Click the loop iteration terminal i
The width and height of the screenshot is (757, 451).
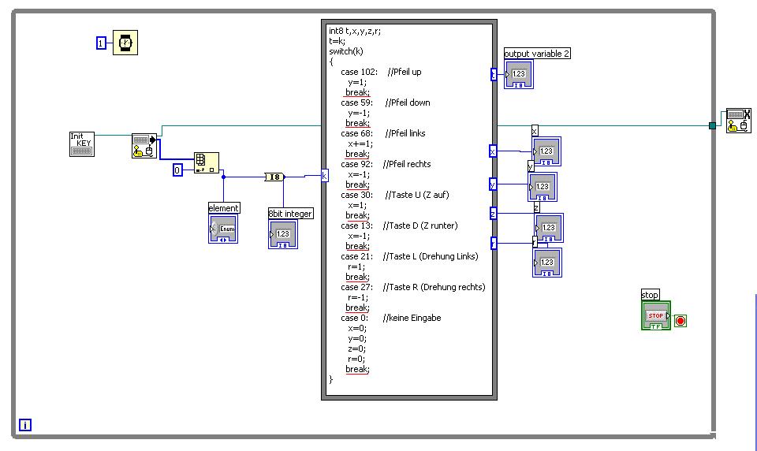(25, 426)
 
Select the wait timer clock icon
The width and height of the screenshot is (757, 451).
(125, 43)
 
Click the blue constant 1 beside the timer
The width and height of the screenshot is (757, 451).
(101, 43)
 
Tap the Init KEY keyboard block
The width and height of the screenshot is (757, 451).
(81, 143)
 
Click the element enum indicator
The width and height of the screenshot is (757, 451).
(222, 229)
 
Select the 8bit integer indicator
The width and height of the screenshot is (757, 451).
(283, 234)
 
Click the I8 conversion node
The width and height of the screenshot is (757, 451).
(274, 177)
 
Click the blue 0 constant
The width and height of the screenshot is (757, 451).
(177, 170)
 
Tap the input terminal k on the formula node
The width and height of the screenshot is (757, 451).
(324, 176)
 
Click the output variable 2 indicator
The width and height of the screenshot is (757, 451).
(519, 74)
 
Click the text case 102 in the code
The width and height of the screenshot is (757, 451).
(359, 72)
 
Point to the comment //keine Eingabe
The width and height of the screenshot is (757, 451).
(412, 318)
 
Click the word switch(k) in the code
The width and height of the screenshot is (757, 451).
(347, 51)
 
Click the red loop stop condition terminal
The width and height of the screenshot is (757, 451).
(681, 321)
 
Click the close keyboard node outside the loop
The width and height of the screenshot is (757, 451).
(737, 120)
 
